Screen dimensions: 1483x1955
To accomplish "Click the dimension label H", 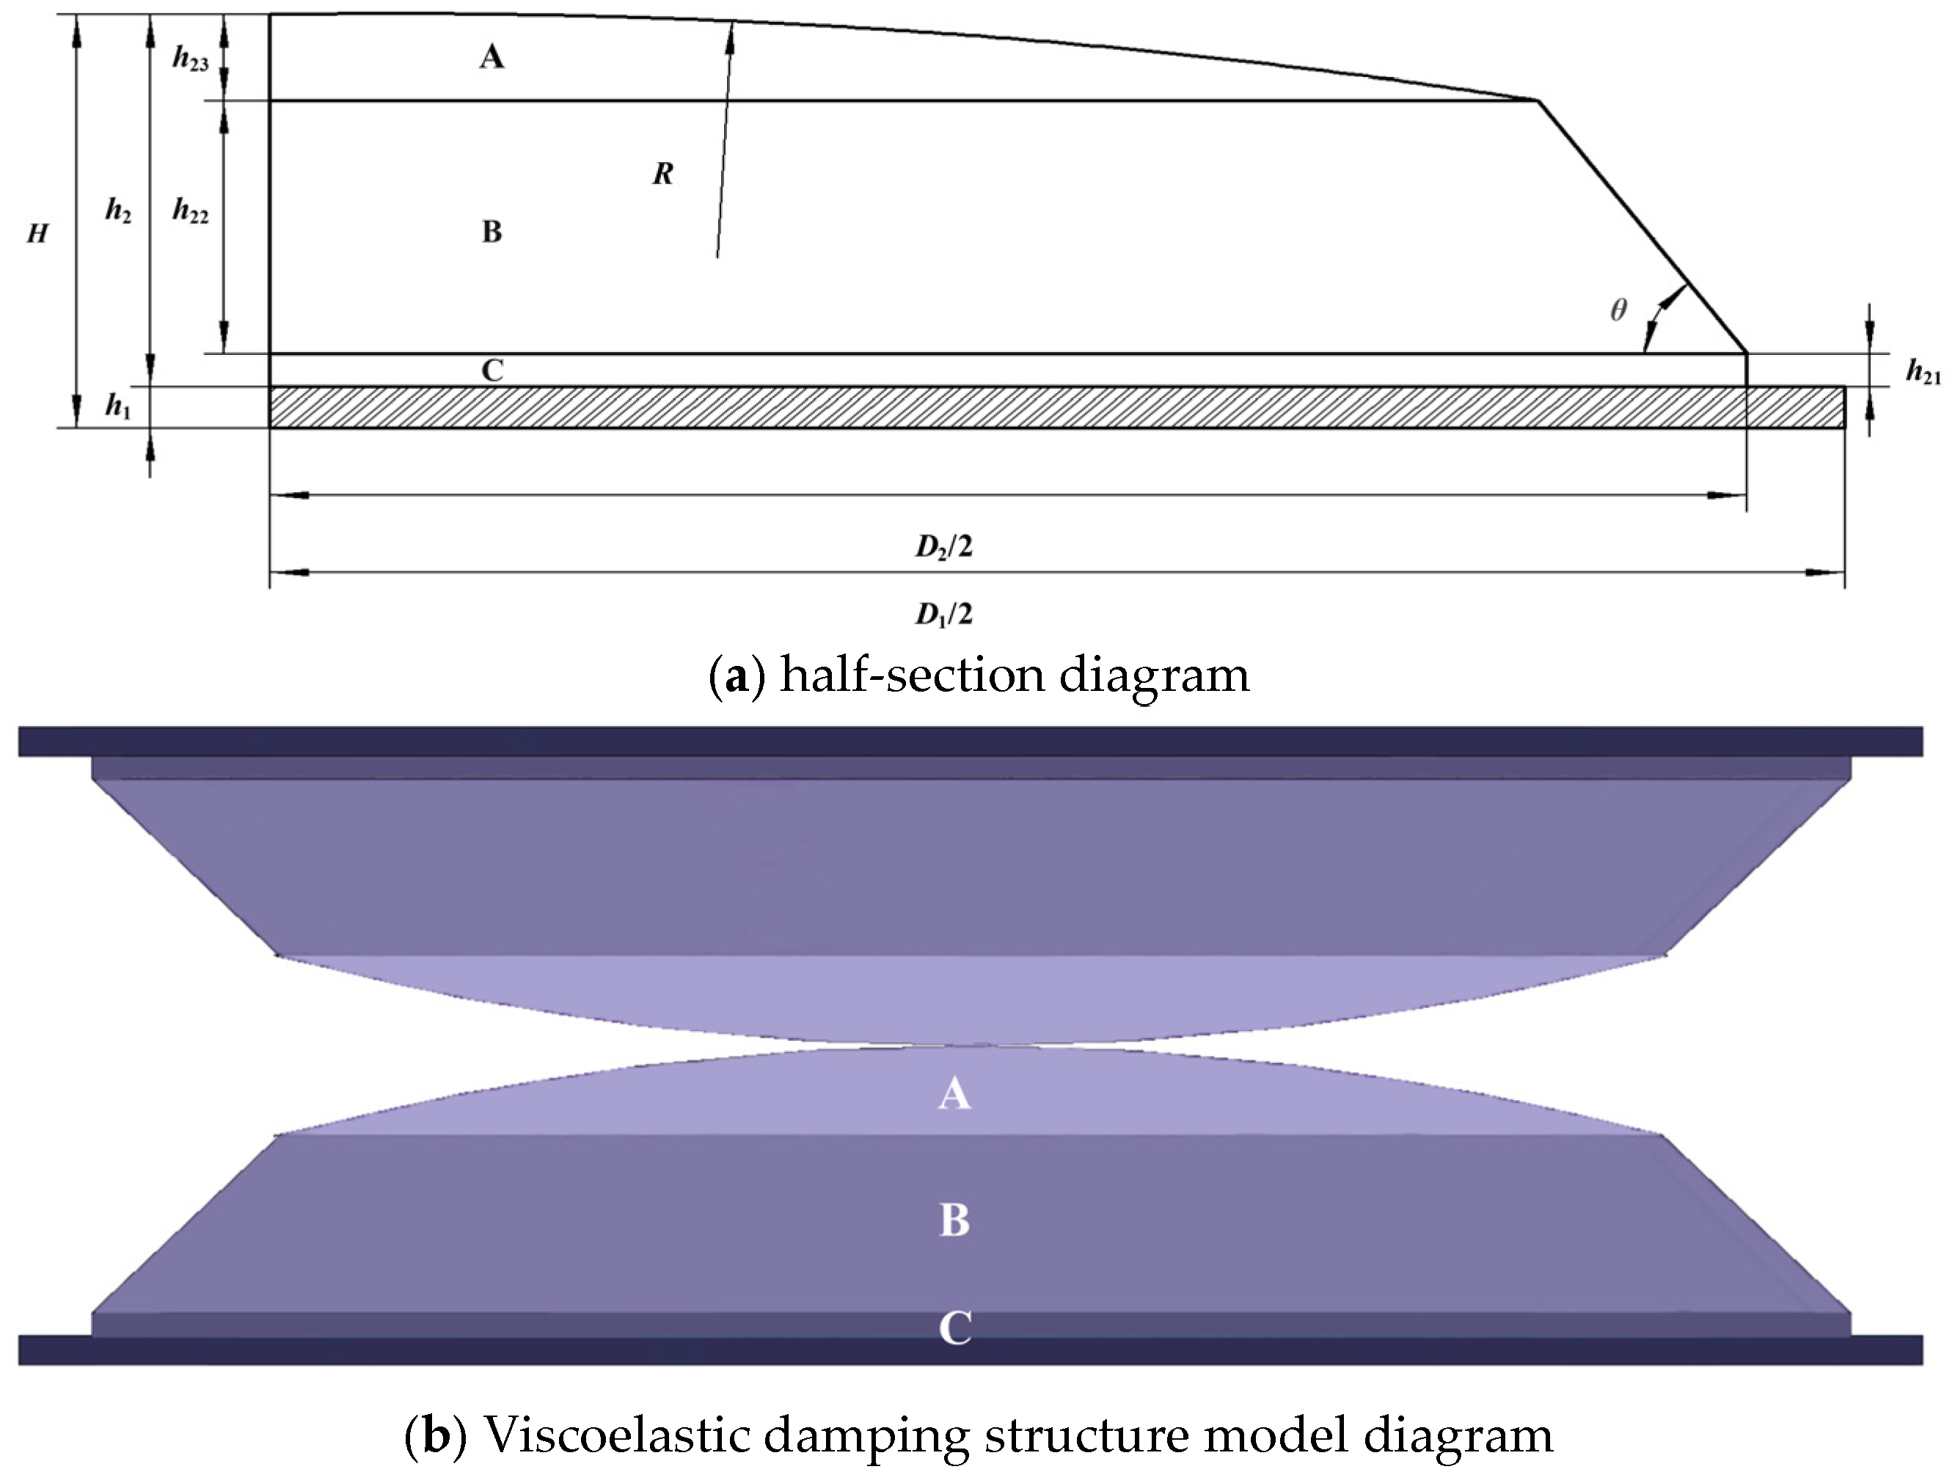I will pos(37,234).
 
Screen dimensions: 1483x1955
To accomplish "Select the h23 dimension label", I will pos(190,59).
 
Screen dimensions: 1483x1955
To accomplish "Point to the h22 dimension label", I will pos(190,211).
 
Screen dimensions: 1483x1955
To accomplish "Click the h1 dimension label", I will pos(117,406).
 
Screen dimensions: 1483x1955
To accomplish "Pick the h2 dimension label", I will pos(117,210).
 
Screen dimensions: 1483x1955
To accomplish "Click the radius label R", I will pos(663,174).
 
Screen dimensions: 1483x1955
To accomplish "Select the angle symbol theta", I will pos(1618,310).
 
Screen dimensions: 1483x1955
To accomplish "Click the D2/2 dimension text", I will pos(943,548).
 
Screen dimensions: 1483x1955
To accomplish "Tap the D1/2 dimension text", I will pos(943,613).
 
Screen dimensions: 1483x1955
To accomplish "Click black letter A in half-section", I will pos(492,57).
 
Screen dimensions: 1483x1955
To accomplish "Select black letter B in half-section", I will pos(492,232).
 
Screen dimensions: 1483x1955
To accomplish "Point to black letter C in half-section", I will pos(492,370).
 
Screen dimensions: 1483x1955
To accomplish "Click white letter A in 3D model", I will pos(954,1095).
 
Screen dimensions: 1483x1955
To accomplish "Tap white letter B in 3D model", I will pos(954,1220).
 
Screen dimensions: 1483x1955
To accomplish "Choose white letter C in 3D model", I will pos(954,1328).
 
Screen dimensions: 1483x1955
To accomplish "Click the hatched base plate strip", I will pos(972,408).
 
